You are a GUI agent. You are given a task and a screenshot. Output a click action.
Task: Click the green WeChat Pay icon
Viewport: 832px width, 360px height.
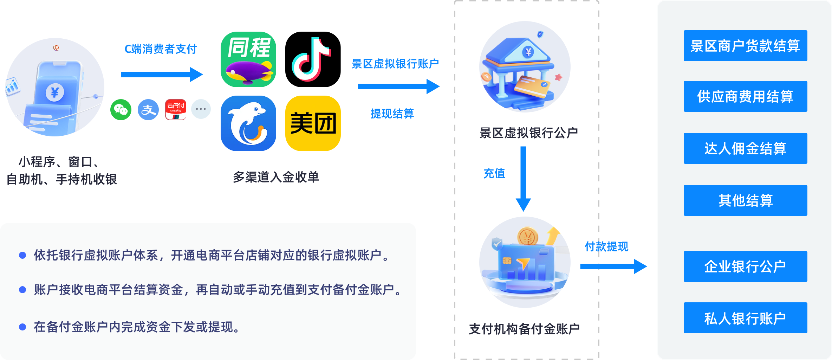(x=121, y=110)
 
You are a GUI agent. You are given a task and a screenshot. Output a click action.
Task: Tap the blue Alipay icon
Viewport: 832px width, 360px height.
(x=148, y=110)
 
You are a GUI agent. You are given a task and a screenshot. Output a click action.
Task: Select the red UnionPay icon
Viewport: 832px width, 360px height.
(x=176, y=110)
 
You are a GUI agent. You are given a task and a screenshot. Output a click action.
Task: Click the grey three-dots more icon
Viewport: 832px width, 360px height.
(x=201, y=109)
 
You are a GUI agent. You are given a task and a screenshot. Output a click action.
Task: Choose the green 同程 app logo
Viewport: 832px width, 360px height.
(x=248, y=59)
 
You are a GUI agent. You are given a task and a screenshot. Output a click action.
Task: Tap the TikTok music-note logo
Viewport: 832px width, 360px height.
(x=311, y=59)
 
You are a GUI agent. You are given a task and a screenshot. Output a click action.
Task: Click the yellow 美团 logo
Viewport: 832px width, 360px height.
(x=313, y=123)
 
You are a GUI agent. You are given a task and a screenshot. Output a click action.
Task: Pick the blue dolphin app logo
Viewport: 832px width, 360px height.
(x=248, y=123)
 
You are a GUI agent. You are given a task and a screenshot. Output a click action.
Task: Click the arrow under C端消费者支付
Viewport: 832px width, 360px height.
(x=162, y=75)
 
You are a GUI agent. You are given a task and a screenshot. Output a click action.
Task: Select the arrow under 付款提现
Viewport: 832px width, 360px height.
(x=613, y=266)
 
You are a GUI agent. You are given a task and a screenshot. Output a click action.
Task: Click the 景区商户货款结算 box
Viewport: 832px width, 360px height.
(x=745, y=46)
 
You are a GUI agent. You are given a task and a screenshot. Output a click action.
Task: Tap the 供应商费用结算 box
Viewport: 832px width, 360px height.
(x=745, y=96)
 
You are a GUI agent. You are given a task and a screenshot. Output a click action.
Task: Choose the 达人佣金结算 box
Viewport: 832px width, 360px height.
(x=745, y=148)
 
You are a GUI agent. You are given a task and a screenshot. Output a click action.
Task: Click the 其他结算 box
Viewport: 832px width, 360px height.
(x=745, y=200)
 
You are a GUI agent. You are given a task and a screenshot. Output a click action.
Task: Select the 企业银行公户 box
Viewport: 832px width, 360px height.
(x=745, y=266)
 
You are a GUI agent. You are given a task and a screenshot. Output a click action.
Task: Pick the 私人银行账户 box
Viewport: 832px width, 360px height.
(x=745, y=318)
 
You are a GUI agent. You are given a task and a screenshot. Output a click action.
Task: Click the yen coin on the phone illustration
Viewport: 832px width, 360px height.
(x=55, y=93)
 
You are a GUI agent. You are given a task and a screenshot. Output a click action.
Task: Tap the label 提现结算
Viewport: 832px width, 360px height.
(x=392, y=114)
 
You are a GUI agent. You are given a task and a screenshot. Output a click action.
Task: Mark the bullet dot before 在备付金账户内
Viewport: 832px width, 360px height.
(x=22, y=327)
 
